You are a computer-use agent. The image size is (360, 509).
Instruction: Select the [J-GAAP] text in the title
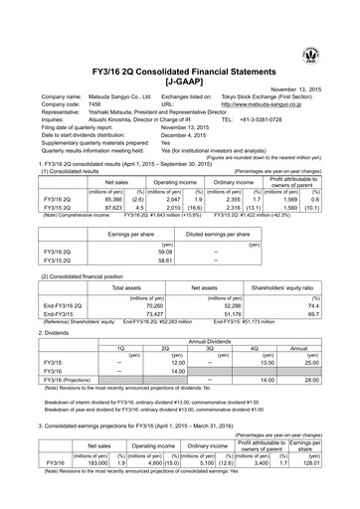tap(179, 49)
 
